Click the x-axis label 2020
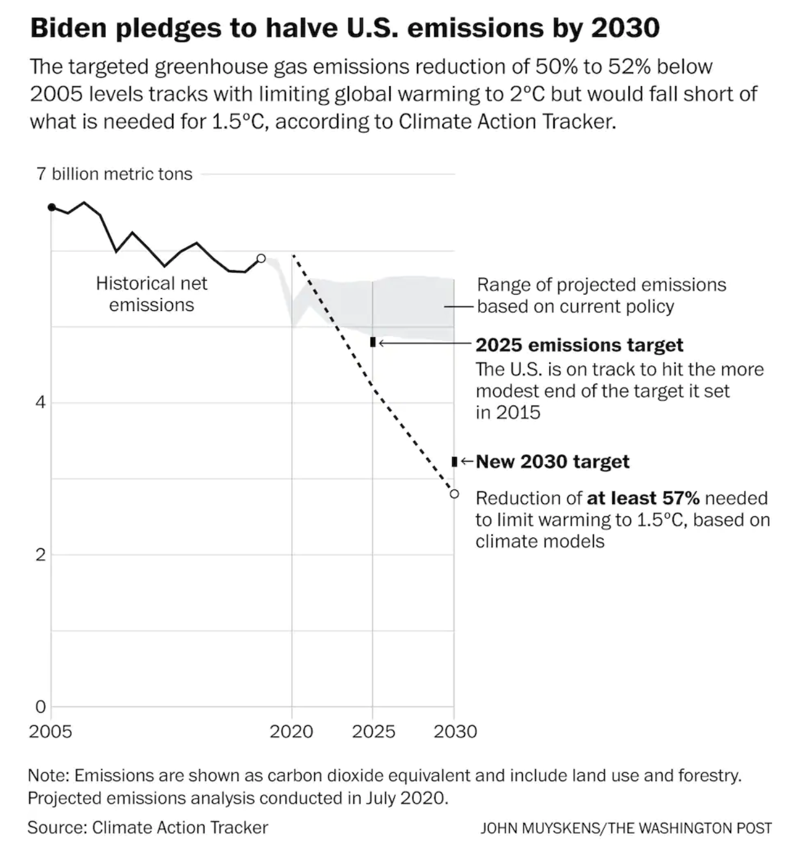[291, 731]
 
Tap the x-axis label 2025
[373, 731]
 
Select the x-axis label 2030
[455, 731]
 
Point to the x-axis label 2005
[50, 731]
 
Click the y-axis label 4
[41, 402]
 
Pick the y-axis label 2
[41, 554]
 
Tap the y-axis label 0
[41, 706]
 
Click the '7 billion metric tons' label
[115, 174]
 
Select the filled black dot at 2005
[52, 207]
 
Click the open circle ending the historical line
[261, 258]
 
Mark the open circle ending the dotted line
[454, 494]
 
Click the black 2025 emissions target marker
[373, 342]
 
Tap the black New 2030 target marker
[454, 462]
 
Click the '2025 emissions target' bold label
[579, 345]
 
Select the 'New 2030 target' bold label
[552, 462]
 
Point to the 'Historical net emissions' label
[151, 294]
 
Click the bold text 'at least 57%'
[643, 498]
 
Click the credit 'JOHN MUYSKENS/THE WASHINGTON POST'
[626, 828]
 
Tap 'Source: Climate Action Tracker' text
[148, 827]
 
